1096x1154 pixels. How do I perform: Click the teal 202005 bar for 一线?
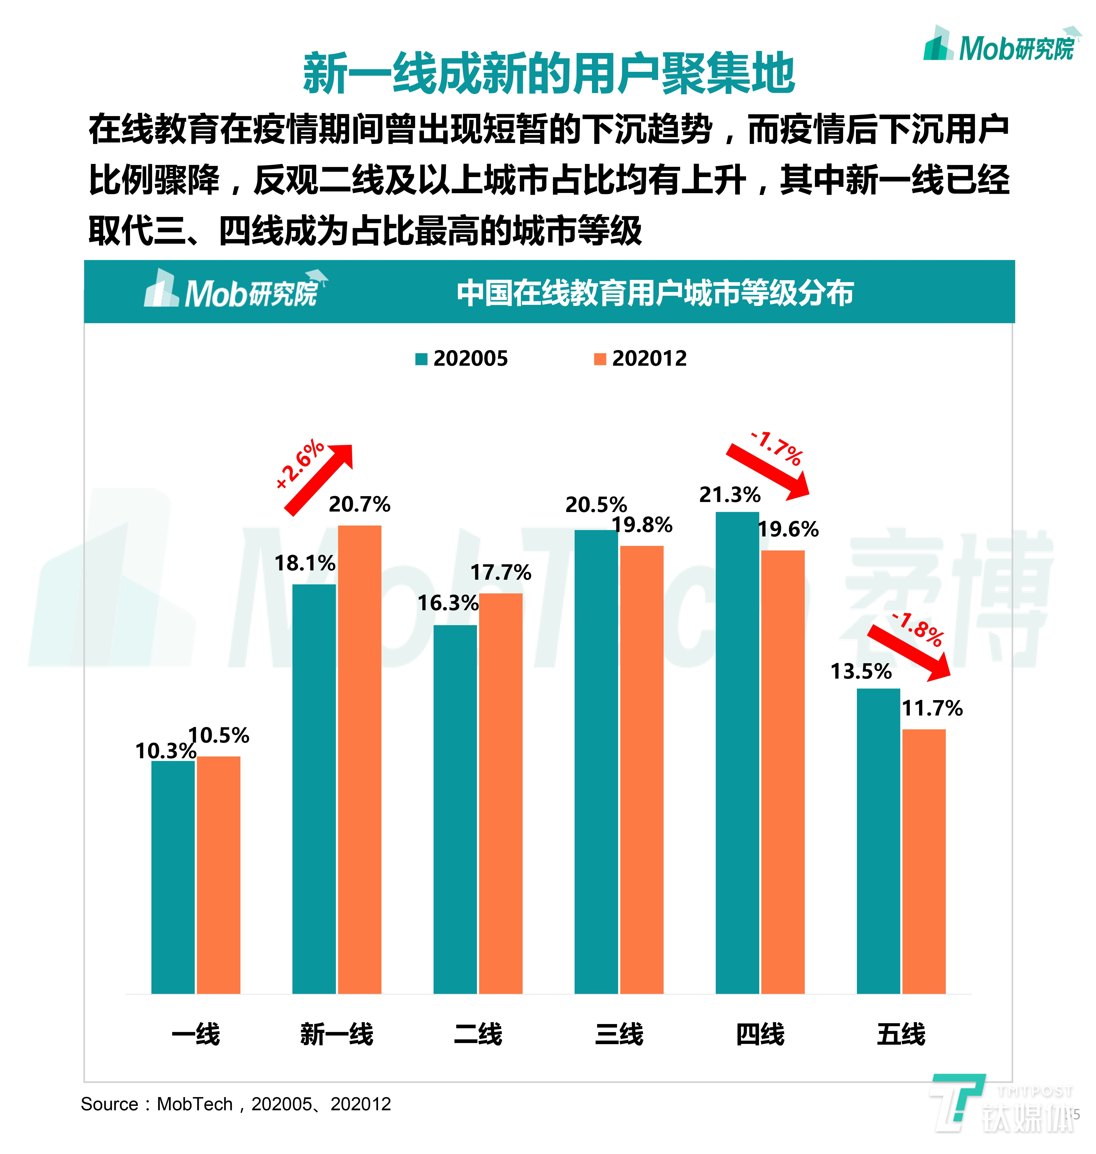click(x=173, y=876)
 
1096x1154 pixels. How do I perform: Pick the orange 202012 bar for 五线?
click(x=924, y=862)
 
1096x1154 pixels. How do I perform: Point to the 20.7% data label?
click(x=359, y=504)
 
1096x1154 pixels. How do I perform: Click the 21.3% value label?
click(x=730, y=495)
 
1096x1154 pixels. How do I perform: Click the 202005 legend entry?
click(x=462, y=358)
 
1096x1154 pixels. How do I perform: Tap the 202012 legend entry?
click(x=641, y=358)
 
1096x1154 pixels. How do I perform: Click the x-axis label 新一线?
click(x=337, y=1034)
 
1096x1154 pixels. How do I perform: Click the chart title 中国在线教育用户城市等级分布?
click(x=655, y=293)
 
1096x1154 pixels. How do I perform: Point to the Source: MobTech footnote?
click(x=235, y=1104)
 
